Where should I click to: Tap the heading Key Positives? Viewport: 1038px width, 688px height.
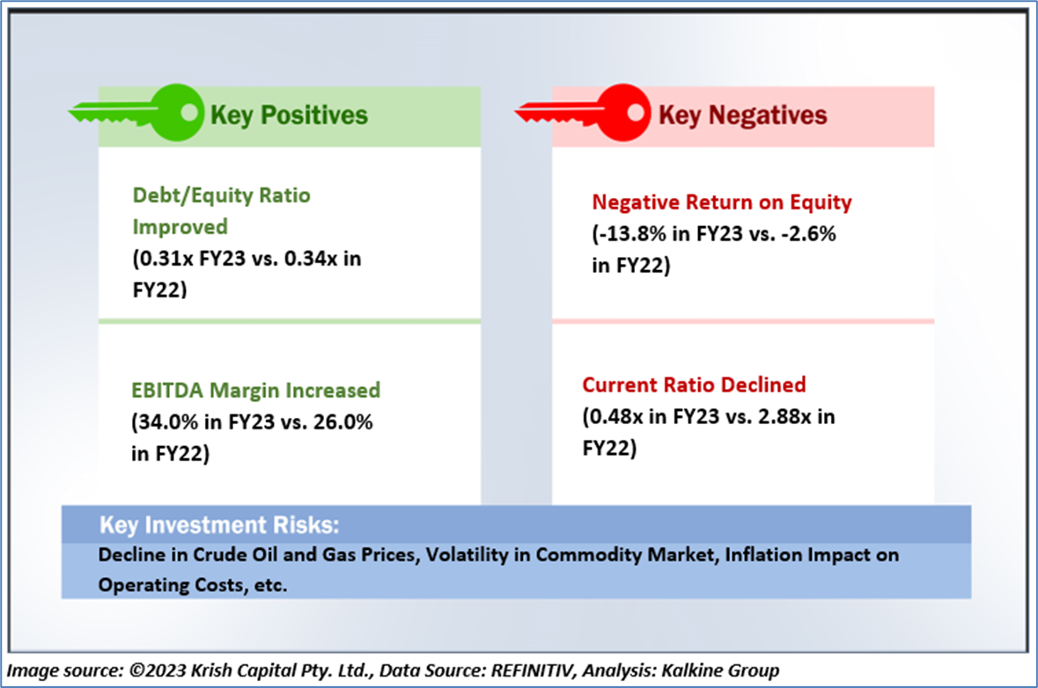(289, 115)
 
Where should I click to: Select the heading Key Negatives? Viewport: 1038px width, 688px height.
(743, 115)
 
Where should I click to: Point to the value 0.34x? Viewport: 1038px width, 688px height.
(311, 258)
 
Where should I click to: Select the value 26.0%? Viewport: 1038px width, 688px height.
(342, 422)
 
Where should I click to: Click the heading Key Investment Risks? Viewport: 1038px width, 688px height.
(219, 524)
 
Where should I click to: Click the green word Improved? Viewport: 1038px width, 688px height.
(180, 227)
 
